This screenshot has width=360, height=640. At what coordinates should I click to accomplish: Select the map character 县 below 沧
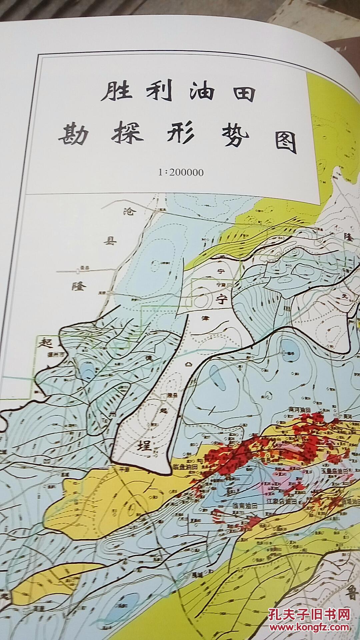click(x=110, y=241)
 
